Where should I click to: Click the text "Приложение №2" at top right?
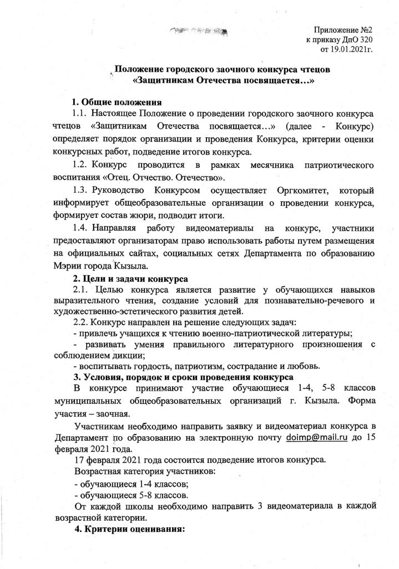[x=340, y=29]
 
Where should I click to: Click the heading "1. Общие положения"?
[x=117, y=102]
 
